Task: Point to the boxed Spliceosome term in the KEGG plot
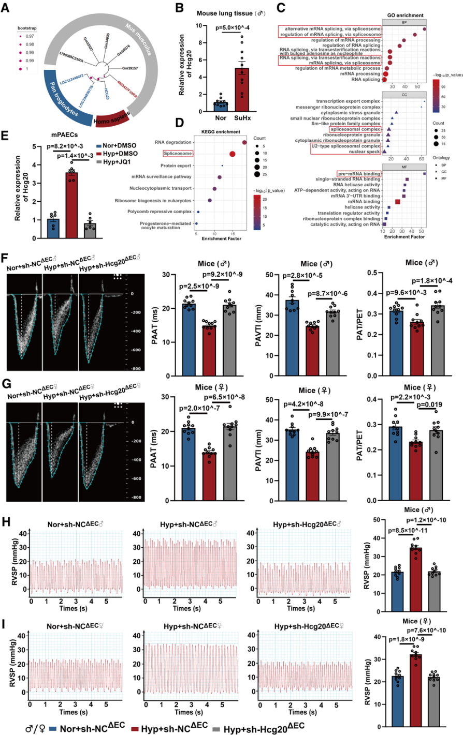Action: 178,154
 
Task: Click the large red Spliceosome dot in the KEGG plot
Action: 232,154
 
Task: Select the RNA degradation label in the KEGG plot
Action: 174,142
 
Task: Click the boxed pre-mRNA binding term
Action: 359,174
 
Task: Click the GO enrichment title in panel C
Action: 402,16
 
